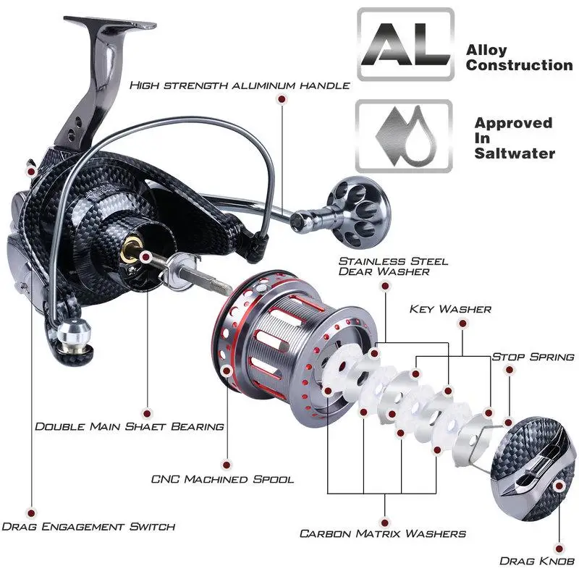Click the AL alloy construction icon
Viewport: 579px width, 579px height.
tap(405, 45)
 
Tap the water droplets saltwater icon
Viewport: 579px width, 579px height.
tap(405, 135)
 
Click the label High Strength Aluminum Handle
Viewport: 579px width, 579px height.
tap(240, 85)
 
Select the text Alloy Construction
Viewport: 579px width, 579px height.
tap(518, 58)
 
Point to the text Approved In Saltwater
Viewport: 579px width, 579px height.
tap(514, 138)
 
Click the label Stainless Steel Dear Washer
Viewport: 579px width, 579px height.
tap(393, 266)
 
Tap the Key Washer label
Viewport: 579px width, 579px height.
tap(449, 309)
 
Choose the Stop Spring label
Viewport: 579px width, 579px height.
tap(533, 357)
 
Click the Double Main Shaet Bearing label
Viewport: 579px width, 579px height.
tap(130, 426)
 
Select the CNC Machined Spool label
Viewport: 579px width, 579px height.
tap(222, 479)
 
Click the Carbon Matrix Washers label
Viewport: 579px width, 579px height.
tap(382, 533)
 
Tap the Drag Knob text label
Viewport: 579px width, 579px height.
tap(536, 560)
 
